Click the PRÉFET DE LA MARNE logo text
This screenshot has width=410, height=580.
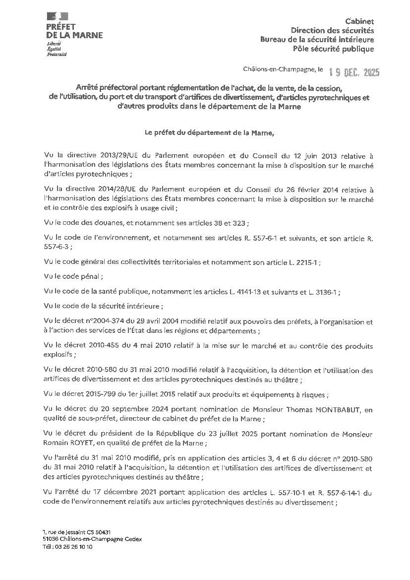(x=74, y=31)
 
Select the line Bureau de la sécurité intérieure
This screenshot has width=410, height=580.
(x=317, y=40)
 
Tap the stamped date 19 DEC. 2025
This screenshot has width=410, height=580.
(x=354, y=73)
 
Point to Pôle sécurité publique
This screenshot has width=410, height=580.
(x=333, y=49)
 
